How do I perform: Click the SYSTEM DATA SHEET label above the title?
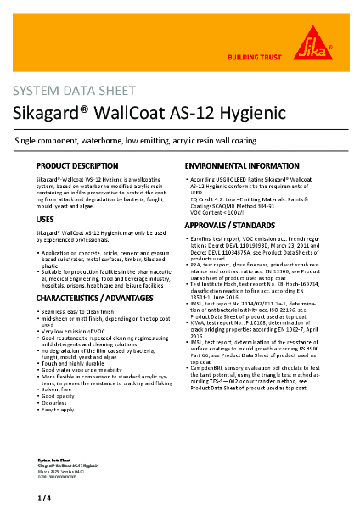click(66, 92)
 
